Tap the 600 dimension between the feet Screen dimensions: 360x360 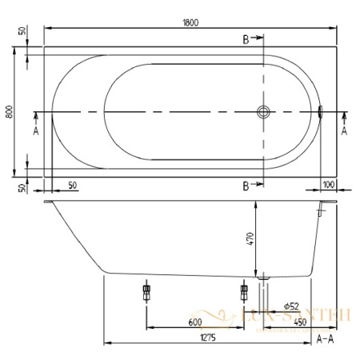[x=194, y=322]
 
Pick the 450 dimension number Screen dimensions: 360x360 [x=300, y=322]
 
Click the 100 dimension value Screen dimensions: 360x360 [x=328, y=184]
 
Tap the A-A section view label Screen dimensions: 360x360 [x=326, y=339]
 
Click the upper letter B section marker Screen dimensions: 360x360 [x=246, y=38]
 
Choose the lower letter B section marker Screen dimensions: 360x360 [x=246, y=186]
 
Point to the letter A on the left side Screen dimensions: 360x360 [x=36, y=130]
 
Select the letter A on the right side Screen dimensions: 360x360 [x=344, y=130]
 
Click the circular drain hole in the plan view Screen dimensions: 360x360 [x=262, y=113]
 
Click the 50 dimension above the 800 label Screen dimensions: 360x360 [x=21, y=34]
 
